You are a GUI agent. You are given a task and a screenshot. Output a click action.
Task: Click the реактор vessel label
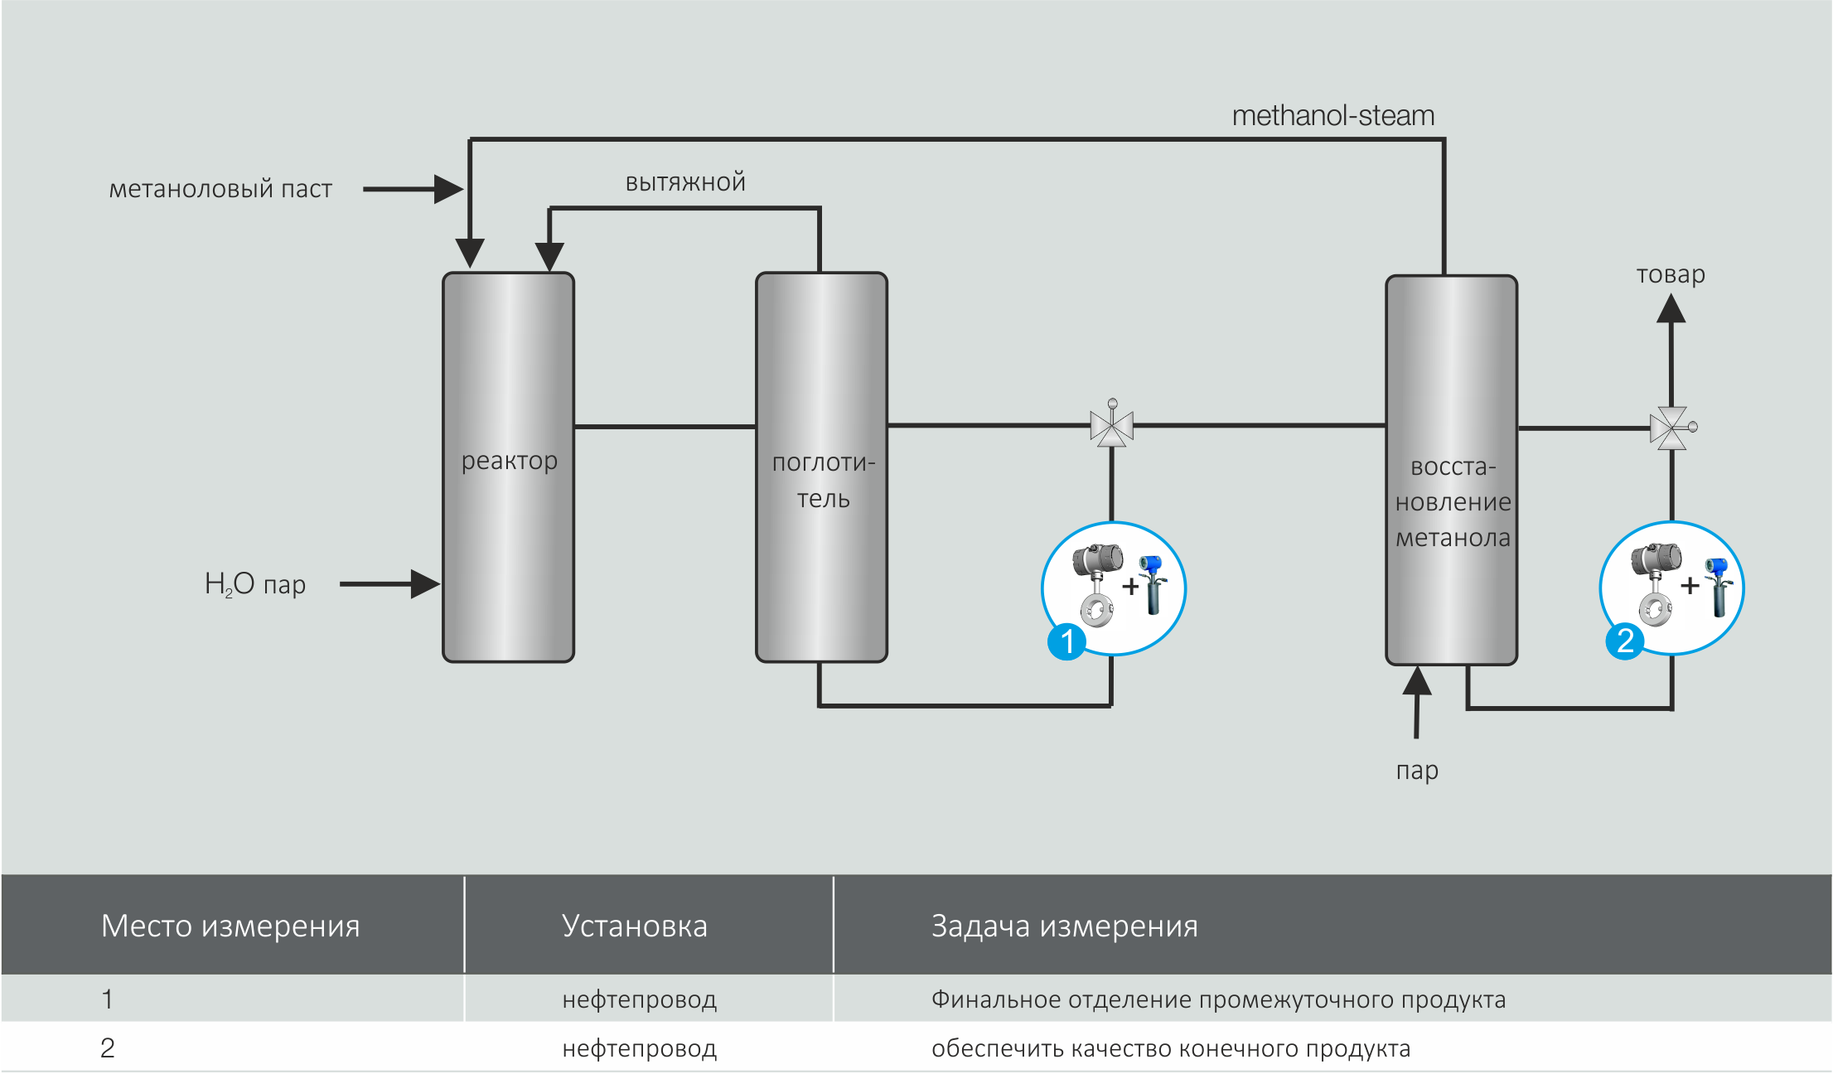pyautogui.click(x=509, y=460)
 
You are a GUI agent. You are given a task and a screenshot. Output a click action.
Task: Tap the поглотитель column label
pyautogui.click(x=823, y=481)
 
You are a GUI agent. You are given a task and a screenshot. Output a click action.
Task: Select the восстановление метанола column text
pyautogui.click(x=1453, y=502)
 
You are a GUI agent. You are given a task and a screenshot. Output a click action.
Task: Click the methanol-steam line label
pyautogui.click(x=1332, y=116)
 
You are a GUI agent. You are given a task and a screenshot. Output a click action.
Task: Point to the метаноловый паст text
pyautogui.click(x=220, y=189)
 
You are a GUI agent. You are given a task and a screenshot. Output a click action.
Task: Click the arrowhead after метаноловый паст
pyautogui.click(x=448, y=189)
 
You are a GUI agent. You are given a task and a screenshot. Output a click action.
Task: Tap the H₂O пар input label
pyautogui.click(x=255, y=584)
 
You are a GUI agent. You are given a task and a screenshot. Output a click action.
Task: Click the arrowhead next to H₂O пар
pyautogui.click(x=425, y=584)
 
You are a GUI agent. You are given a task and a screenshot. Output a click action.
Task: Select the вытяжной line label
pyautogui.click(x=685, y=182)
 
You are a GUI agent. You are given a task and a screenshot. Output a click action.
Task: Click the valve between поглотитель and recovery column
pyautogui.click(x=1111, y=426)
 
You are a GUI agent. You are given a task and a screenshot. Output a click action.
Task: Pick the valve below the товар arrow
pyautogui.click(x=1671, y=428)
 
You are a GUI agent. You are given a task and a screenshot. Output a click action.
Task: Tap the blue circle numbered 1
pyautogui.click(x=1066, y=641)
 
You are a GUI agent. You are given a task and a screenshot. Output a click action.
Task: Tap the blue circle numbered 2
pyautogui.click(x=1625, y=641)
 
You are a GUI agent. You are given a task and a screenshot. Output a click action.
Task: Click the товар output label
pyautogui.click(x=1671, y=274)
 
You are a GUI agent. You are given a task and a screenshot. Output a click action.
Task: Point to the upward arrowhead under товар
pyautogui.click(x=1671, y=309)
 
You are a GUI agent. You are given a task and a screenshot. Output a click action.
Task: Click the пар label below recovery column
pyautogui.click(x=1417, y=771)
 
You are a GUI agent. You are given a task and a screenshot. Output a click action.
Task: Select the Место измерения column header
pyautogui.click(x=230, y=926)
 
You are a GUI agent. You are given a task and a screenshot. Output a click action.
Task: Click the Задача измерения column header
pyautogui.click(x=1064, y=926)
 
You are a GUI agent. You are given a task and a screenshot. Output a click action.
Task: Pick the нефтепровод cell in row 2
pyautogui.click(x=639, y=1048)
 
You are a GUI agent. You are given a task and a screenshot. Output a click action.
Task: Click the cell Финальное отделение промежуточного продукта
pyautogui.click(x=1218, y=999)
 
